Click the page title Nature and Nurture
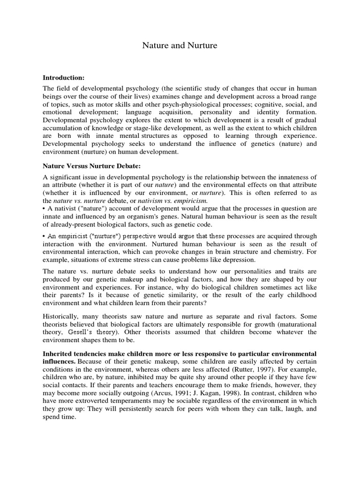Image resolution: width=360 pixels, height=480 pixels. tap(180, 45)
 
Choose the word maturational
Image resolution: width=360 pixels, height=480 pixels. tap(295, 323)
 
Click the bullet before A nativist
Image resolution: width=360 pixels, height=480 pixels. tap(45, 209)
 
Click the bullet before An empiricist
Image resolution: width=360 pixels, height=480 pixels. tap(45, 236)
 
